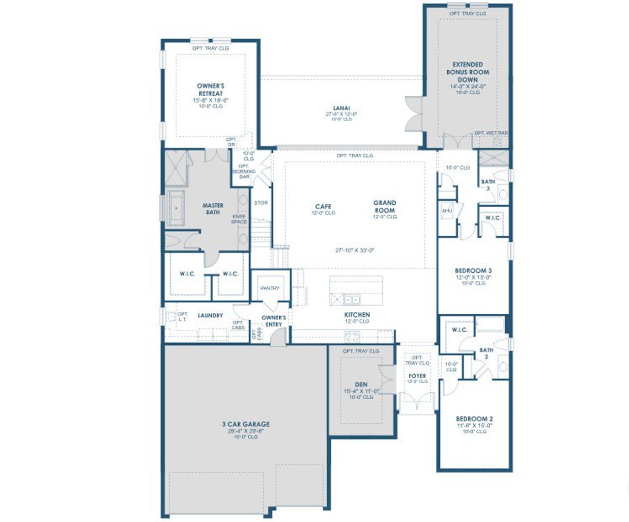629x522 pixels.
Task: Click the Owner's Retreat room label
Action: click(x=210, y=89)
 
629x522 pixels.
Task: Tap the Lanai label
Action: click(x=341, y=108)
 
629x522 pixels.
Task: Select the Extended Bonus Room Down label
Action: click(x=467, y=72)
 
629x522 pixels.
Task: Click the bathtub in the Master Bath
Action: click(x=175, y=208)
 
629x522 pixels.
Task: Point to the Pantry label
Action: click(x=269, y=288)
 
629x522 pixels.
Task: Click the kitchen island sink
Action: click(x=351, y=299)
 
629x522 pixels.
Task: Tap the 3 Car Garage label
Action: click(x=246, y=424)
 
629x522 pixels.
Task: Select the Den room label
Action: click(x=361, y=385)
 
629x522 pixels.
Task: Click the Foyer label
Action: click(x=417, y=376)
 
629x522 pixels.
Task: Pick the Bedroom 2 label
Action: click(x=474, y=419)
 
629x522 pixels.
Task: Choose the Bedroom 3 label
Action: click(x=473, y=271)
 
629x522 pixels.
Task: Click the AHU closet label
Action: click(x=447, y=211)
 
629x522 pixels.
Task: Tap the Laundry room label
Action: click(x=210, y=315)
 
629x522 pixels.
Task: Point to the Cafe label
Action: click(x=323, y=207)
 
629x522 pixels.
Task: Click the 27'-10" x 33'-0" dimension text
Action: click(x=355, y=250)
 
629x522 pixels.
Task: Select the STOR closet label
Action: click(x=261, y=203)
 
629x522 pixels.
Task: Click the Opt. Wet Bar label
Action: click(x=491, y=133)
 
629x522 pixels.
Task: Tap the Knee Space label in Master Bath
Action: click(x=239, y=219)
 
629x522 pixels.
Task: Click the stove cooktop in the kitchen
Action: click(x=352, y=337)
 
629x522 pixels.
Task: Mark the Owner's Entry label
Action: click(x=274, y=321)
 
